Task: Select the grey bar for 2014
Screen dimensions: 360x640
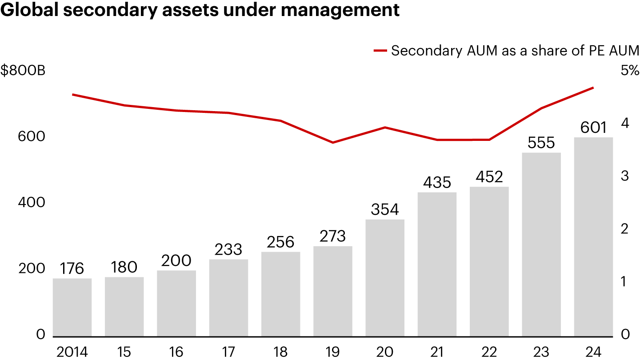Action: point(72,307)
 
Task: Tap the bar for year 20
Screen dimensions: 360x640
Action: point(385,278)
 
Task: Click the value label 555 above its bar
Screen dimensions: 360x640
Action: point(541,143)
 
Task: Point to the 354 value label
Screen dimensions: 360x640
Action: point(385,210)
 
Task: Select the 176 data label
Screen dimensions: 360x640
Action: point(72,269)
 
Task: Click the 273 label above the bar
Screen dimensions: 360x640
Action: point(333,236)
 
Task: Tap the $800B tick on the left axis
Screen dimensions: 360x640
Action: point(23,71)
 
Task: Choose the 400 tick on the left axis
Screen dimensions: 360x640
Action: point(31,203)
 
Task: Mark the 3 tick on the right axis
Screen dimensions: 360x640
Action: point(625,176)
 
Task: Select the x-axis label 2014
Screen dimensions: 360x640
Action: point(72,352)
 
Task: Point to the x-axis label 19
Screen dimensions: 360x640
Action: point(333,352)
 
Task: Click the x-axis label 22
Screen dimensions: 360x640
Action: point(489,352)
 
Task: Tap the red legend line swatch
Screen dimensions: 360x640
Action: point(380,51)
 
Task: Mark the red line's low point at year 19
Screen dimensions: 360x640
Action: point(333,143)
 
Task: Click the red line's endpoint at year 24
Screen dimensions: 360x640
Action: point(593,88)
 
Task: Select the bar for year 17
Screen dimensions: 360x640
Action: point(228,298)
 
